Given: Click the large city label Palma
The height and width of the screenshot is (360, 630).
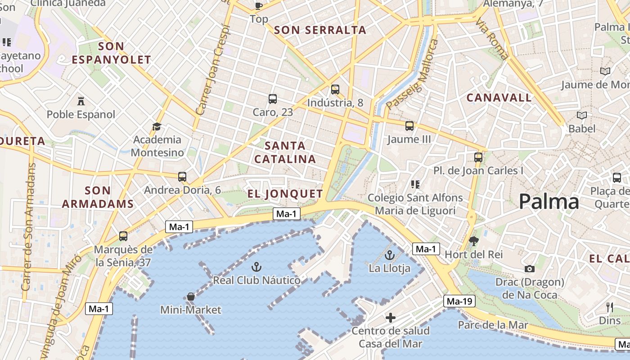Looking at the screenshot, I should (549, 202).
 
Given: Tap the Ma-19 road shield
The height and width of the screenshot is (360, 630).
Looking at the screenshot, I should (459, 301).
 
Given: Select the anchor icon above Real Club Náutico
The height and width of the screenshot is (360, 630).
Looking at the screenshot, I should (256, 267).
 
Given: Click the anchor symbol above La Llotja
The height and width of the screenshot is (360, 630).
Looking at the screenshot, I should (390, 256).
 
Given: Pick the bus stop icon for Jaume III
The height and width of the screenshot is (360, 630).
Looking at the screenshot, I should (409, 126).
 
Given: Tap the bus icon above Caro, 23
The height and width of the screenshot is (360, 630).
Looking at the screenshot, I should (272, 99).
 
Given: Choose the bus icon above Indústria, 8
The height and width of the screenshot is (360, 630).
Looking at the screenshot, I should (335, 89).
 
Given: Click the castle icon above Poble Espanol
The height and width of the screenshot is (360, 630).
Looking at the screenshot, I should (81, 101).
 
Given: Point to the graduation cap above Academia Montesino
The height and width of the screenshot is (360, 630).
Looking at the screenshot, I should (157, 126).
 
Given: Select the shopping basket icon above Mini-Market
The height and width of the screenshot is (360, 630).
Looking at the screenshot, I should (191, 297).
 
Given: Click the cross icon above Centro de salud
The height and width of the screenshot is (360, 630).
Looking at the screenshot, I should (391, 318).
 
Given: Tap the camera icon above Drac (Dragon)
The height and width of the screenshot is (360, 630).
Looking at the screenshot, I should (530, 269).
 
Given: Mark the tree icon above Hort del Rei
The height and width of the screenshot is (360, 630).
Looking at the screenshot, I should (473, 241).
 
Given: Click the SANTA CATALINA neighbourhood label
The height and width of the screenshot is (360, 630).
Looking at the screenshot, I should (285, 152).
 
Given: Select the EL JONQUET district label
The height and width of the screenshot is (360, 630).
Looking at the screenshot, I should (285, 194).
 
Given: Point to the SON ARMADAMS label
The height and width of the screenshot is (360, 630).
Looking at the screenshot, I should (98, 197).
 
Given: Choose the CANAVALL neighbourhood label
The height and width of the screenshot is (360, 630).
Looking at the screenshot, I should (499, 98).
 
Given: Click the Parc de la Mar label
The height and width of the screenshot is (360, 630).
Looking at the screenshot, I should (493, 325).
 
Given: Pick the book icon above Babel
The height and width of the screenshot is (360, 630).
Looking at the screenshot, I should (582, 116).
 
